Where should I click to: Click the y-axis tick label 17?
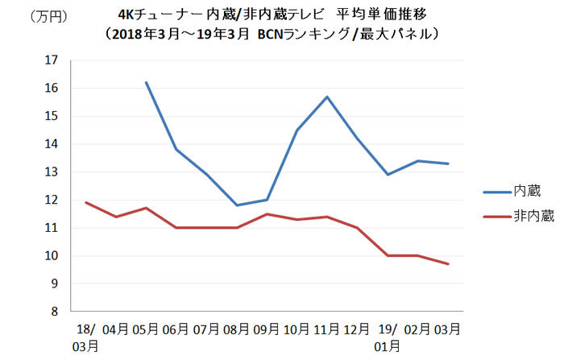52,60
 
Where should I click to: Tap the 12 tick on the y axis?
52,200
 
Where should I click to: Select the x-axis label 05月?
145,329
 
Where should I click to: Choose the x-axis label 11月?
326,329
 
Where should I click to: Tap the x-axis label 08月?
236,329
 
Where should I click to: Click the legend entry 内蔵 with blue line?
528,192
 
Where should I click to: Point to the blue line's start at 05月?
146,82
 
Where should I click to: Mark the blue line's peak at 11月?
327,97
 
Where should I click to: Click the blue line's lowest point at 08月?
236,205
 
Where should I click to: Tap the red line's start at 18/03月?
85,202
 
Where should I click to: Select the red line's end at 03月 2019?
448,264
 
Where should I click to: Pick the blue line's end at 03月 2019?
448,163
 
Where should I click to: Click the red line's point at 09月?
267,214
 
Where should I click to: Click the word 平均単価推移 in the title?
375,15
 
